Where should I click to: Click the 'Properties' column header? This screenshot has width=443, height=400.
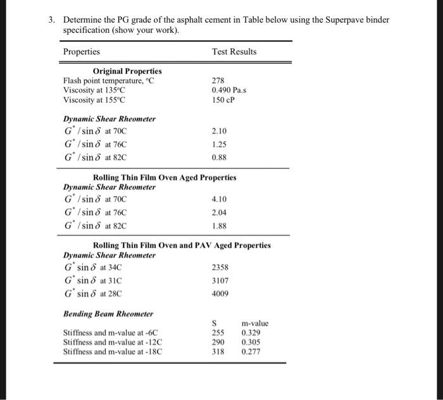82,51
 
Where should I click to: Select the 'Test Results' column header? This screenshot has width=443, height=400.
234,51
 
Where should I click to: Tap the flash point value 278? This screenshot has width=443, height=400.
218,80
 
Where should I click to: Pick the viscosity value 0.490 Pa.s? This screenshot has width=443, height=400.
229,90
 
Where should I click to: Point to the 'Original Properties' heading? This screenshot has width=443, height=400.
127,71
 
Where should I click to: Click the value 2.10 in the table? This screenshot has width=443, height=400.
219,131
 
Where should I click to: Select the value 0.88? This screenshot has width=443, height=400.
219,157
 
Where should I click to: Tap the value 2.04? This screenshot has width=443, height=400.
219,213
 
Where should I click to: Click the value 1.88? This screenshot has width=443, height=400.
219,226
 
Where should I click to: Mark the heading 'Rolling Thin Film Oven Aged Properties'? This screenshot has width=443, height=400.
165,177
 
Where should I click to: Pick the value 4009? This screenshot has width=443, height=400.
220,294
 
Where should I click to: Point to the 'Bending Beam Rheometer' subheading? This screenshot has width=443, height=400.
108,313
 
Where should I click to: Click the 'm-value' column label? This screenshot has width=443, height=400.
255,323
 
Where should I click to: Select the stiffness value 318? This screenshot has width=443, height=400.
218,351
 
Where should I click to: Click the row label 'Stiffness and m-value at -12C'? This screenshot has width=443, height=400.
112,341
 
